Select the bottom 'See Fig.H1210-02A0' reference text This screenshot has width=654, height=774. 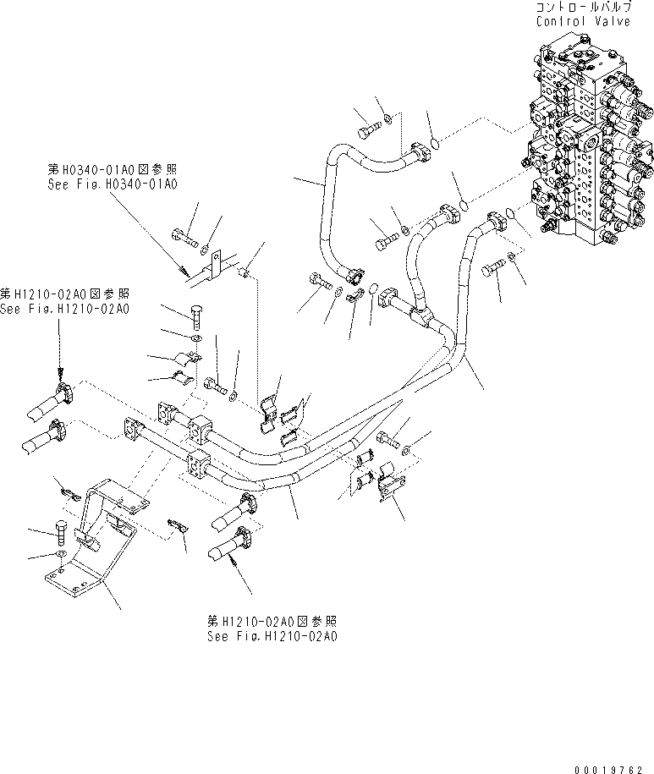click(272, 636)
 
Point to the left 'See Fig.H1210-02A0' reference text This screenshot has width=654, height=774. click(65, 309)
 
